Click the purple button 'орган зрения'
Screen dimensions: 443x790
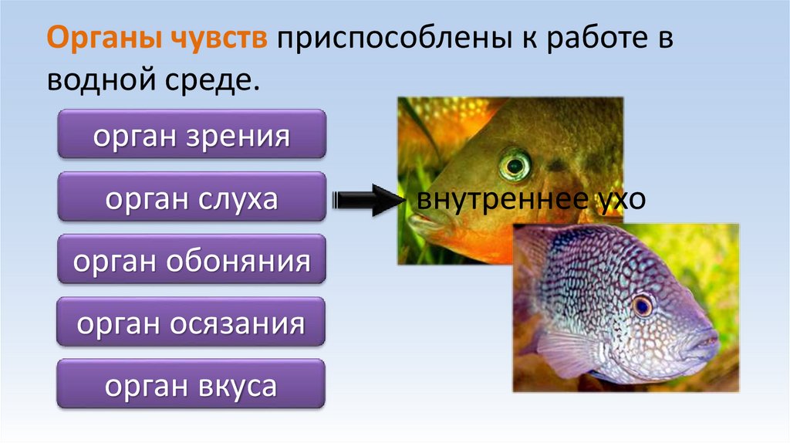pyautogui.click(x=191, y=137)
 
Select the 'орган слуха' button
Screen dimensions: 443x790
pyautogui.click(x=191, y=199)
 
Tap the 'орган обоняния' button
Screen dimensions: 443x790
pyautogui.click(x=191, y=262)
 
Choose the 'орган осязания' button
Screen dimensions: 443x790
pyautogui.click(x=191, y=324)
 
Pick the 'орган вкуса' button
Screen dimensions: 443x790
pyautogui.click(x=191, y=387)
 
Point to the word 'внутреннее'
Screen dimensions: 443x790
pyautogui.click(x=491, y=200)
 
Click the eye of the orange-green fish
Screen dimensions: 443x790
pyautogui.click(x=514, y=164)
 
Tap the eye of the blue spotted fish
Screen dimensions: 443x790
pyautogui.click(x=642, y=306)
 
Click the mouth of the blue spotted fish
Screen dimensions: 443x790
pyautogui.click(x=708, y=344)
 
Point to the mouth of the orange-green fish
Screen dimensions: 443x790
pyautogui.click(x=420, y=225)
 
